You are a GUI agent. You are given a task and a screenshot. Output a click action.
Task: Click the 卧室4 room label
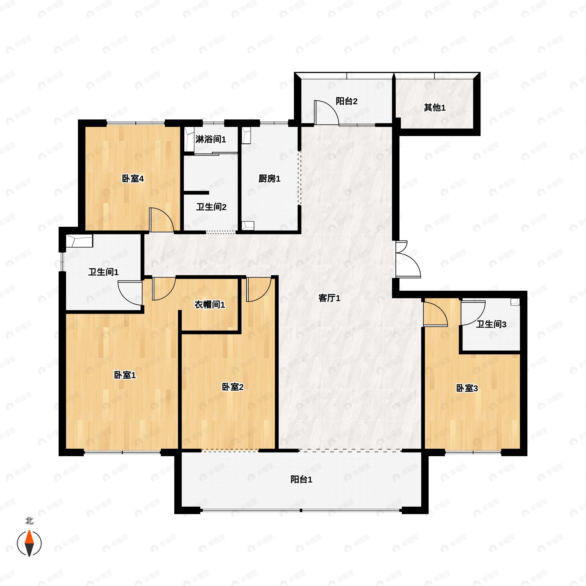[133, 179]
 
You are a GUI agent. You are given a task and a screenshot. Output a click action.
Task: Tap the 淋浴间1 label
[210, 139]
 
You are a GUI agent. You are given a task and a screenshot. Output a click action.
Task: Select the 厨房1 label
[269, 179]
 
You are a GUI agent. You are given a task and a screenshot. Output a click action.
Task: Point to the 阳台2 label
[346, 101]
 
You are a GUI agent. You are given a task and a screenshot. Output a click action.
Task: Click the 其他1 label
[435, 108]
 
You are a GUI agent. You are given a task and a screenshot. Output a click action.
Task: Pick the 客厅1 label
[329, 298]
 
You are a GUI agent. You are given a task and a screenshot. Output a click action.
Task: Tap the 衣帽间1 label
[209, 304]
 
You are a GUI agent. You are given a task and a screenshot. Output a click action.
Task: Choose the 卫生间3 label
[491, 324]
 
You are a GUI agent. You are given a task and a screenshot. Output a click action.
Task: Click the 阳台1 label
[301, 480]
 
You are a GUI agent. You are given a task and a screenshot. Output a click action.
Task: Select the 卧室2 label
[233, 387]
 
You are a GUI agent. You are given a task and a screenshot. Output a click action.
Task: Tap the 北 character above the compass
[29, 521]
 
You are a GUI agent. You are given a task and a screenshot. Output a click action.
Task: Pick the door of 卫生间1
[130, 293]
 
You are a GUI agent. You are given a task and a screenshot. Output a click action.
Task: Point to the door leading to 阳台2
[326, 113]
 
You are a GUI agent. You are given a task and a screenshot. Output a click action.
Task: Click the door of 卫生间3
[473, 313]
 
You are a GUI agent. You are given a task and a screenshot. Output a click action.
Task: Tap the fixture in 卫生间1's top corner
[79, 241]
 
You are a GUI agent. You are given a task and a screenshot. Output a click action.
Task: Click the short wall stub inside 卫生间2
[197, 193]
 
